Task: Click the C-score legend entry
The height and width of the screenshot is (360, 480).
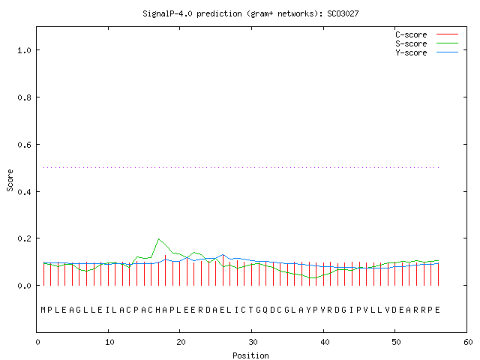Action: click(411, 34)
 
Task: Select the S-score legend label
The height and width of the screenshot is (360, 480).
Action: click(411, 43)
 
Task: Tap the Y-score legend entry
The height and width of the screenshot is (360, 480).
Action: click(411, 52)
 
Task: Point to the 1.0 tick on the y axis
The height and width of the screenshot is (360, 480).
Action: click(25, 50)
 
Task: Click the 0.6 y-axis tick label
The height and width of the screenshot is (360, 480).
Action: click(25, 145)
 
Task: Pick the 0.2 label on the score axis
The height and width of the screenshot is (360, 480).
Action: click(25, 238)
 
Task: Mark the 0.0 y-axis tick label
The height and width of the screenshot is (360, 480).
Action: click(25, 286)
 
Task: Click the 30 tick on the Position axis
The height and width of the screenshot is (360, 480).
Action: click(253, 342)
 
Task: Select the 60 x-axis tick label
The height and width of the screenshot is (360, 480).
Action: click(468, 342)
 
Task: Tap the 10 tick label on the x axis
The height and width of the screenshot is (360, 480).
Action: click(109, 342)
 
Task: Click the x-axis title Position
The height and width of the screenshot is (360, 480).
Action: click(250, 355)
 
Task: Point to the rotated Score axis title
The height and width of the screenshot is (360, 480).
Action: click(10, 181)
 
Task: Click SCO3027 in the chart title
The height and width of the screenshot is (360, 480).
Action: click(343, 13)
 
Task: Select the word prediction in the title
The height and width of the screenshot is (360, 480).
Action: click(219, 13)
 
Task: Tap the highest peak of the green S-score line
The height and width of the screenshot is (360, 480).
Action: click(158, 238)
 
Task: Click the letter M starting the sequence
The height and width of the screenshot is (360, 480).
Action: click(43, 310)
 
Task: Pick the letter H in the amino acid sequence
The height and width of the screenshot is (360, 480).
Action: click(158, 310)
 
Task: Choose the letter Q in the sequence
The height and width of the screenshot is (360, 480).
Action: click(265, 310)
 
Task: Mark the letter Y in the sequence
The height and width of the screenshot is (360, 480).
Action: click(308, 310)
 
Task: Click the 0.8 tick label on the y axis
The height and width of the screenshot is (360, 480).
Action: click(25, 97)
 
